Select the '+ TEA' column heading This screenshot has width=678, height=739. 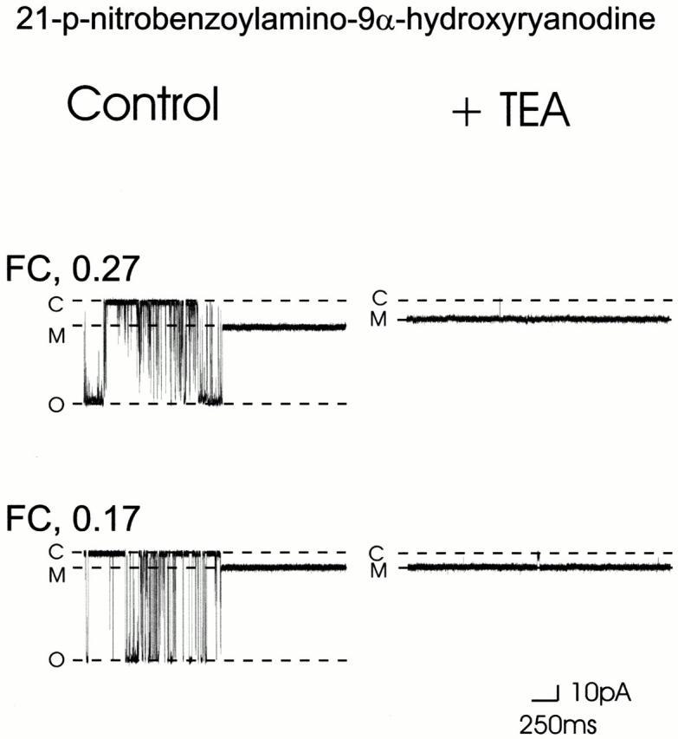click(x=511, y=113)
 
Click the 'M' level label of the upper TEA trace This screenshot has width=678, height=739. click(x=378, y=320)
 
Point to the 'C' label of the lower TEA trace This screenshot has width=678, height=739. click(x=377, y=552)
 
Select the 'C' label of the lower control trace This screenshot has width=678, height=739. click(x=58, y=551)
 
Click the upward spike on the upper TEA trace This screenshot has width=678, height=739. click(x=500, y=308)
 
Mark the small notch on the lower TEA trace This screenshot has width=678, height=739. click(x=539, y=557)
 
